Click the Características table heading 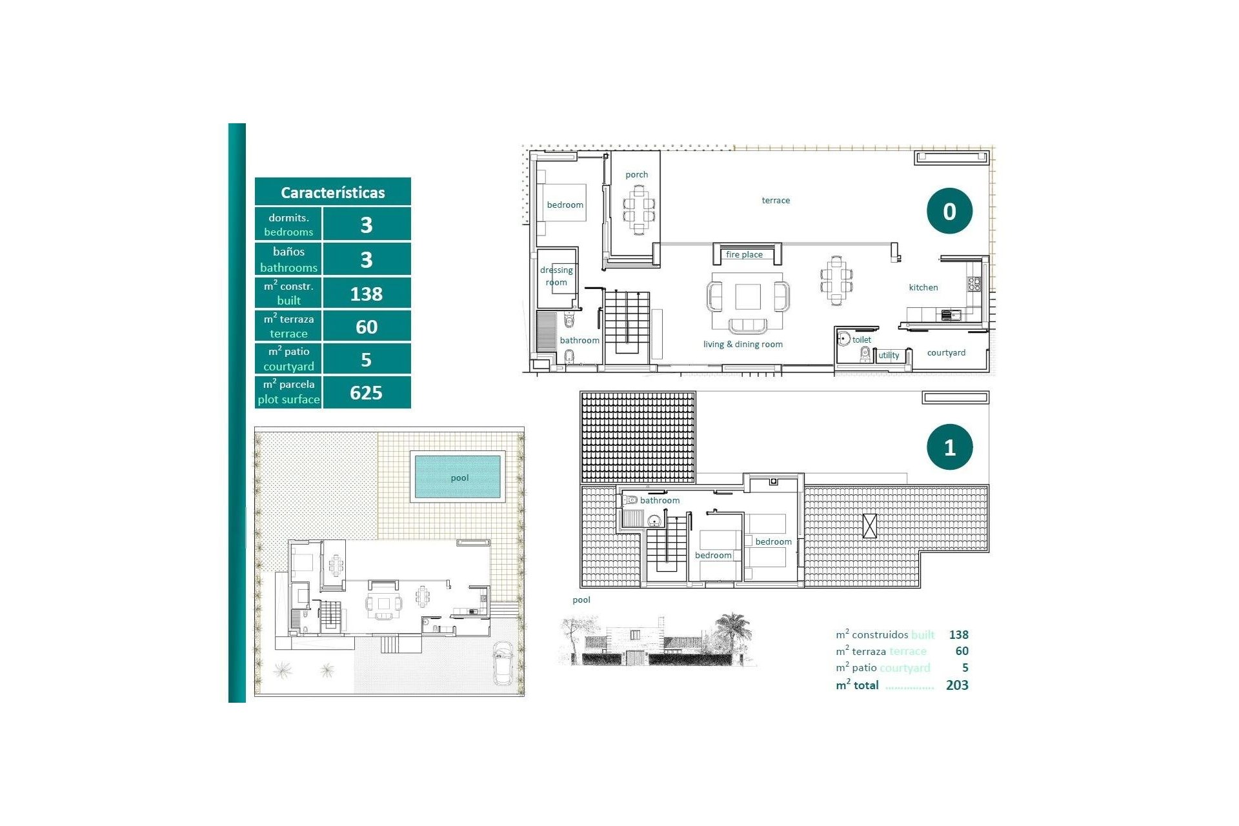[x=332, y=192]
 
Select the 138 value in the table [x=366, y=294]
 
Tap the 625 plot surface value [x=366, y=392]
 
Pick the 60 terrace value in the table [x=366, y=327]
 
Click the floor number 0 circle [x=949, y=211]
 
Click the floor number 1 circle [x=949, y=447]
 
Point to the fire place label [x=744, y=254]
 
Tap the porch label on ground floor [x=636, y=174]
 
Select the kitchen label [x=923, y=287]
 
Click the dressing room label [x=556, y=276]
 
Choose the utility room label [x=888, y=355]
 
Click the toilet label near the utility [x=861, y=339]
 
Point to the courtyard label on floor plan [x=946, y=352]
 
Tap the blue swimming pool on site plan [x=458, y=477]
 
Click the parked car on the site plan [x=503, y=663]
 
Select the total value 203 [x=956, y=685]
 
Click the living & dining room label [x=743, y=344]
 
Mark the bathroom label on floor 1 [x=660, y=500]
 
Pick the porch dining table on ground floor [x=639, y=210]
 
